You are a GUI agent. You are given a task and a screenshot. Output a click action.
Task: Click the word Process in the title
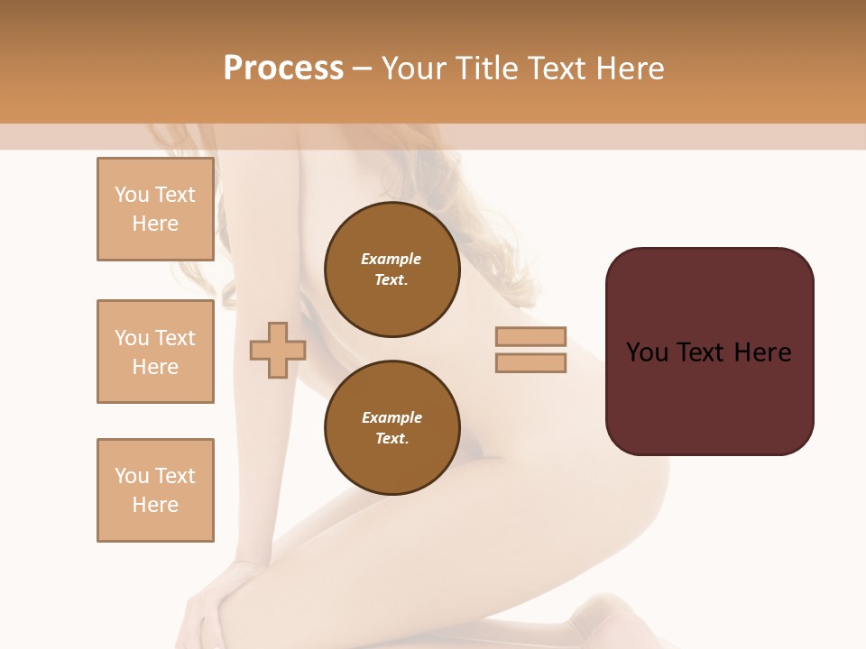point(283,68)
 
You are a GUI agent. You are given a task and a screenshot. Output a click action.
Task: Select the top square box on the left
point(155,209)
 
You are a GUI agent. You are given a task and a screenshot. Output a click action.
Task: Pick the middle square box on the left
point(155,352)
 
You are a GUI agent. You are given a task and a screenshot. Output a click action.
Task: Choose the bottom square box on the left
point(155,490)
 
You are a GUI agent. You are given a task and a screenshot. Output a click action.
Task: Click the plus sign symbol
point(278,350)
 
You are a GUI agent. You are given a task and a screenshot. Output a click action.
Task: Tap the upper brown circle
point(392,269)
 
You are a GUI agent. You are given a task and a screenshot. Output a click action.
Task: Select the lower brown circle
point(392,427)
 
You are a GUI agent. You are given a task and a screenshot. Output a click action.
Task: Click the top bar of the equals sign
point(530,336)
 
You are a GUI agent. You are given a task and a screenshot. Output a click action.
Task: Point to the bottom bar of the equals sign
point(530,362)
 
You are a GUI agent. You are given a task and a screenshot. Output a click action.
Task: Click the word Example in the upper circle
point(392,259)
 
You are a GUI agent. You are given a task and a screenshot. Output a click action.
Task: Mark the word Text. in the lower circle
point(392,438)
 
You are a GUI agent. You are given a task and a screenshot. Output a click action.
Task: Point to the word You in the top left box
point(132,195)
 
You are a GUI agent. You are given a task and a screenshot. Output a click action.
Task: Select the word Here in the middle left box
point(155,367)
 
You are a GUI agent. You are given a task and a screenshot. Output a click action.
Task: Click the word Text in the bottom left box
point(176,476)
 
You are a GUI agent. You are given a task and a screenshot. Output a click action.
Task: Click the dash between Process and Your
point(363,69)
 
